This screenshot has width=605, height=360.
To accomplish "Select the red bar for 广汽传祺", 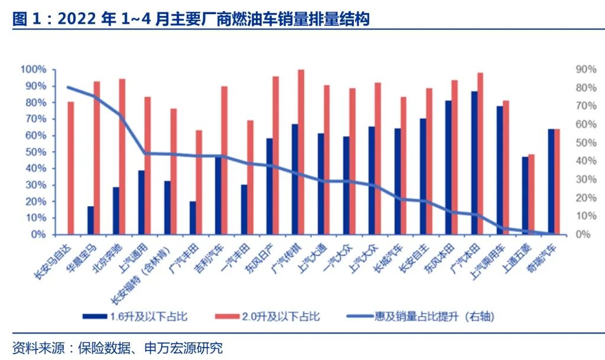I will (x=301, y=152).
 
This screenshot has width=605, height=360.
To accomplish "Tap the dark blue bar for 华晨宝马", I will (x=90, y=220).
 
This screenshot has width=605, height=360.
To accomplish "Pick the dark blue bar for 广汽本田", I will (x=474, y=163).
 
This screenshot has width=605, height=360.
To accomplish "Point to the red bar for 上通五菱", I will (x=531, y=194).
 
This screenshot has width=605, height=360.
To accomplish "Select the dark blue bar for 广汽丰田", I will (x=193, y=218).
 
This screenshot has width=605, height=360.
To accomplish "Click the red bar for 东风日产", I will (x=275, y=155).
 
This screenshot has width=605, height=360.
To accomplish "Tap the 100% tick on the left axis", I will (x=33, y=70).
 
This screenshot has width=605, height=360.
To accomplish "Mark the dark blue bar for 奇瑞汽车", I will (x=551, y=181).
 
